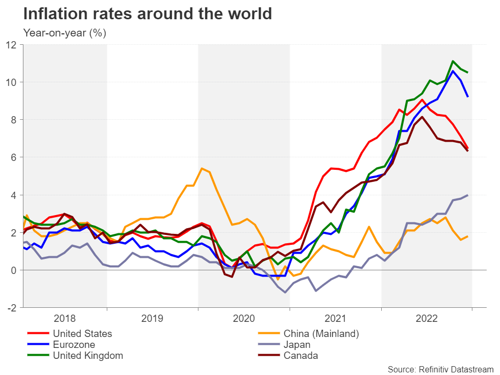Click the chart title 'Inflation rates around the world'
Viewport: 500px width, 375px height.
148,14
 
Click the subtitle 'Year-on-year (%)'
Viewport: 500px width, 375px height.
65,33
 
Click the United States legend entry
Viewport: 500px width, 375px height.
82,333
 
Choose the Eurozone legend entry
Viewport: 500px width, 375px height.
74,344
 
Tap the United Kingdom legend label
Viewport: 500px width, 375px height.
87,356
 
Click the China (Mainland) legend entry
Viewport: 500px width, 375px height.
321,333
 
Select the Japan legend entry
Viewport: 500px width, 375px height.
297,344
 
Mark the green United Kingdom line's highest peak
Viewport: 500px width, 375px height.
453,61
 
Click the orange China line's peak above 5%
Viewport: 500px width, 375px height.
202,168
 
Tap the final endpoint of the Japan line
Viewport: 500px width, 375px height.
467,195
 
